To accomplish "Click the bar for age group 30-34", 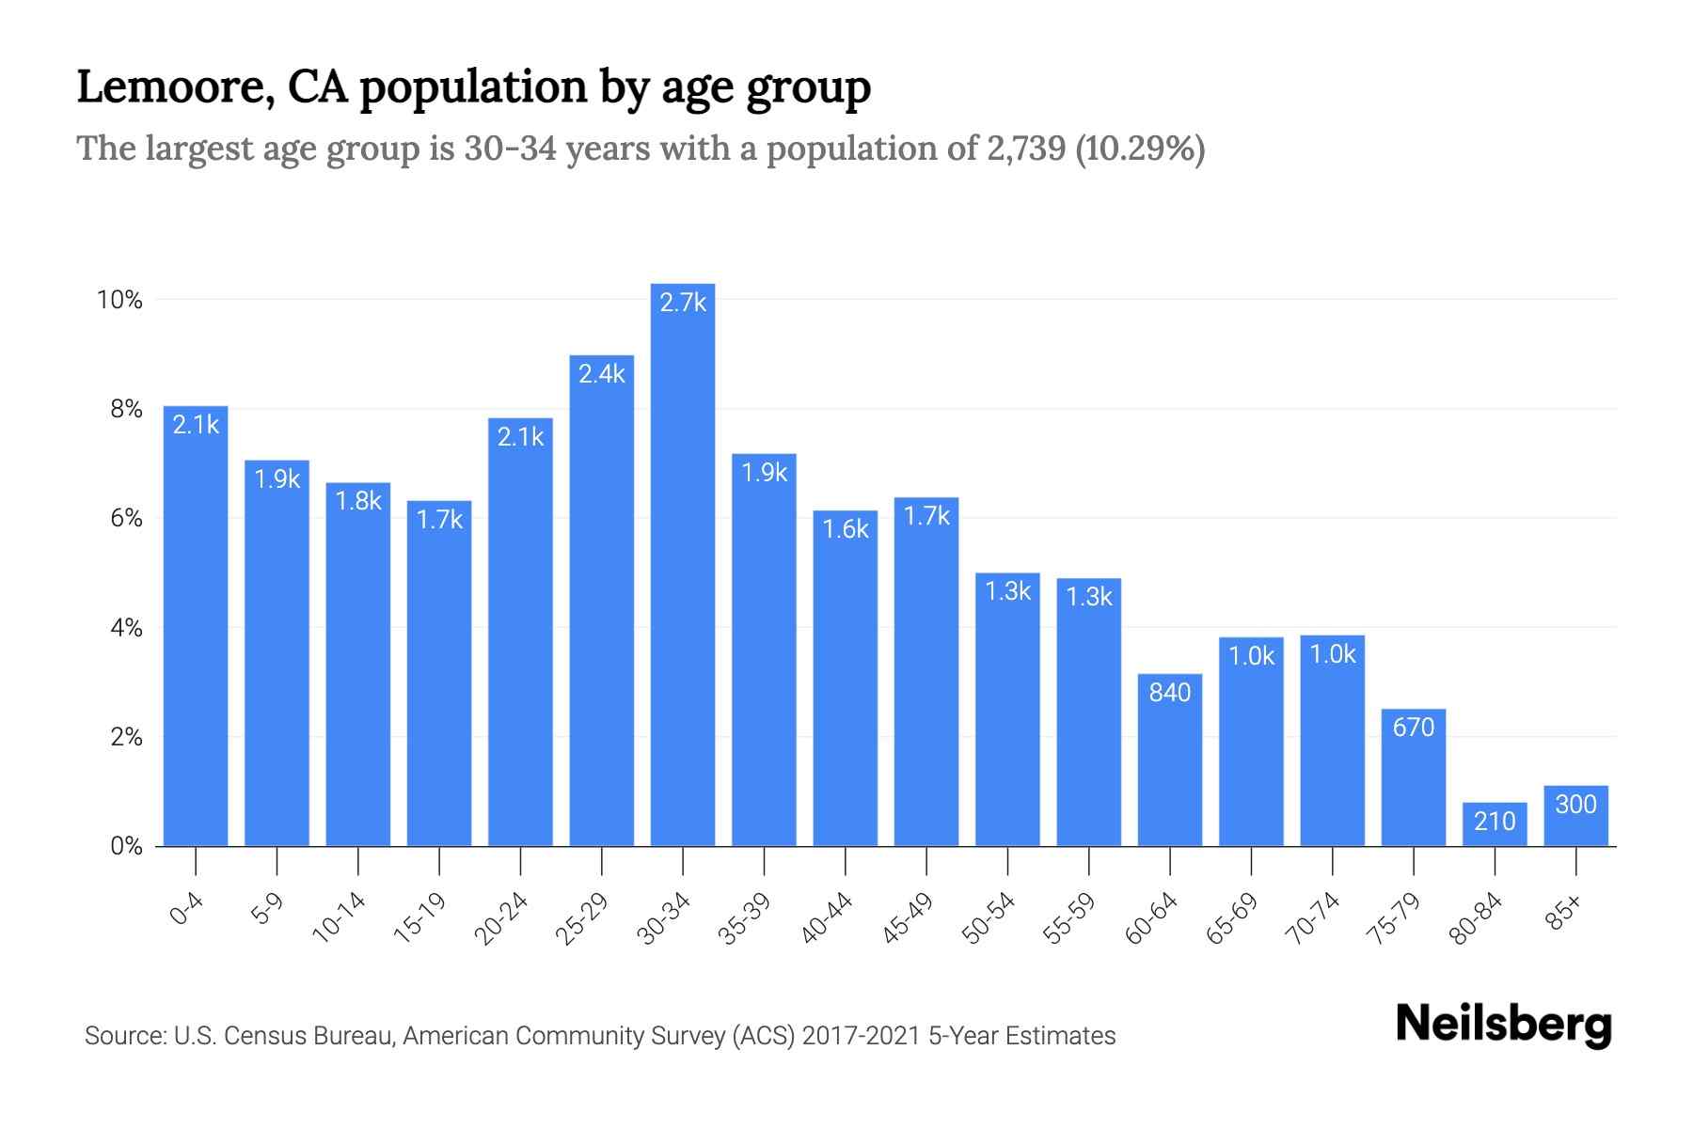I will pyautogui.click(x=683, y=564).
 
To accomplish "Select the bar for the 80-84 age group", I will pyautogui.click(x=1495, y=824).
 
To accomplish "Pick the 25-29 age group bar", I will pyautogui.click(x=602, y=602).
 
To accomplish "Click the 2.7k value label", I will pyautogui.click(x=683, y=303).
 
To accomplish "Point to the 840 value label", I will pyautogui.click(x=1169, y=693).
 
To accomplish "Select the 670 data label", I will pyautogui.click(x=1413, y=728).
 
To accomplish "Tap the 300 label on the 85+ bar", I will pyautogui.click(x=1575, y=805).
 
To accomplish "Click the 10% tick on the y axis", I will pyautogui.click(x=119, y=300).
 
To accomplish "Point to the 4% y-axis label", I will pyautogui.click(x=126, y=628).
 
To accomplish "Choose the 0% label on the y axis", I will pyautogui.click(x=126, y=846).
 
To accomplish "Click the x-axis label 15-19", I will pyautogui.click(x=419, y=918).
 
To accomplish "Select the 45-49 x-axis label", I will pyautogui.click(x=907, y=918).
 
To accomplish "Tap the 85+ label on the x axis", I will pyautogui.click(x=1564, y=913).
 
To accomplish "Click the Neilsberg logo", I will pyautogui.click(x=1503, y=1025).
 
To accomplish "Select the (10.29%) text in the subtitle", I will pyautogui.click(x=1140, y=149).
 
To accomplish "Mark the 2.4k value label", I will pyautogui.click(x=602, y=374).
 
